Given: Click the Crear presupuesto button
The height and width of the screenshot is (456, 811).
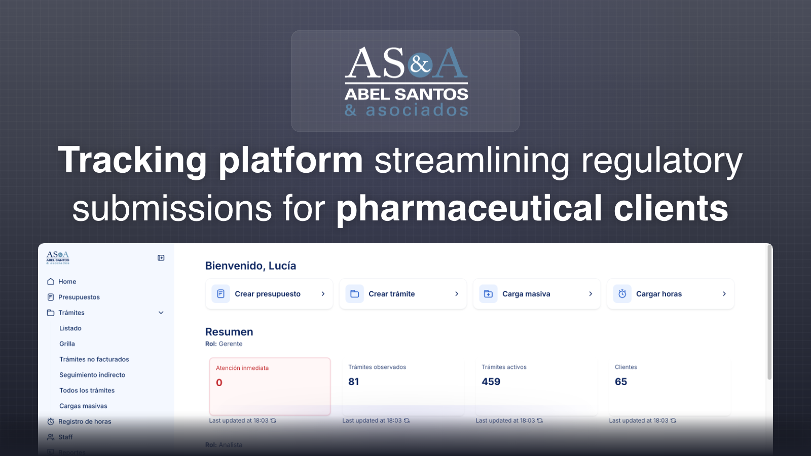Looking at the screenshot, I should (269, 294).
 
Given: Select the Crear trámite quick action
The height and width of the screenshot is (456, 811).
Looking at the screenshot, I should (402, 294).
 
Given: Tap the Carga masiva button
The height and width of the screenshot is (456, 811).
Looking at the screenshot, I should (536, 294).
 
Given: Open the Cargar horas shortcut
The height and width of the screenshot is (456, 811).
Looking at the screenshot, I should (670, 294).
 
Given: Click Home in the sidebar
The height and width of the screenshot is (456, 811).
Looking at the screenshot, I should (67, 282).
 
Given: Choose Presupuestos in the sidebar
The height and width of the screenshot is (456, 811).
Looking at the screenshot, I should (79, 297).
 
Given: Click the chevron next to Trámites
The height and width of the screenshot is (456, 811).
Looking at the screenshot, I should (161, 313).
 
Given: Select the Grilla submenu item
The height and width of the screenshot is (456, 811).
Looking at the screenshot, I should (67, 344).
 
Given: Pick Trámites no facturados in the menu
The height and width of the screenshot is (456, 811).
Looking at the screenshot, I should (94, 359).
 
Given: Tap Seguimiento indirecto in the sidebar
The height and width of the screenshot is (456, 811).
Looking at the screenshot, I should (92, 375).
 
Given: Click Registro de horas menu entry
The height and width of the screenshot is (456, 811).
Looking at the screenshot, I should (84, 422).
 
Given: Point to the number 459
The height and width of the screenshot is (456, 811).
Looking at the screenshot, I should (491, 382).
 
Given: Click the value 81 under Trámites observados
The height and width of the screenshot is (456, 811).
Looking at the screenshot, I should (353, 382).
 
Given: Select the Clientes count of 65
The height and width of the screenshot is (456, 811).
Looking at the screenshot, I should (620, 382).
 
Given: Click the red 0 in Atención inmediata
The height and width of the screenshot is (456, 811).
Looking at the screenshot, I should (219, 383).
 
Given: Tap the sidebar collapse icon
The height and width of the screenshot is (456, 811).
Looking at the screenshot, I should (161, 258).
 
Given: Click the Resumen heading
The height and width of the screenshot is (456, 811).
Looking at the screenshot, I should (229, 332).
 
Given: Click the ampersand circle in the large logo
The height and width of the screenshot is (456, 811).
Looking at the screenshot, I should (420, 64).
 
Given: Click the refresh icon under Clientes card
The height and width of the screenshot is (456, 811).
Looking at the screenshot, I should (673, 421).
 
